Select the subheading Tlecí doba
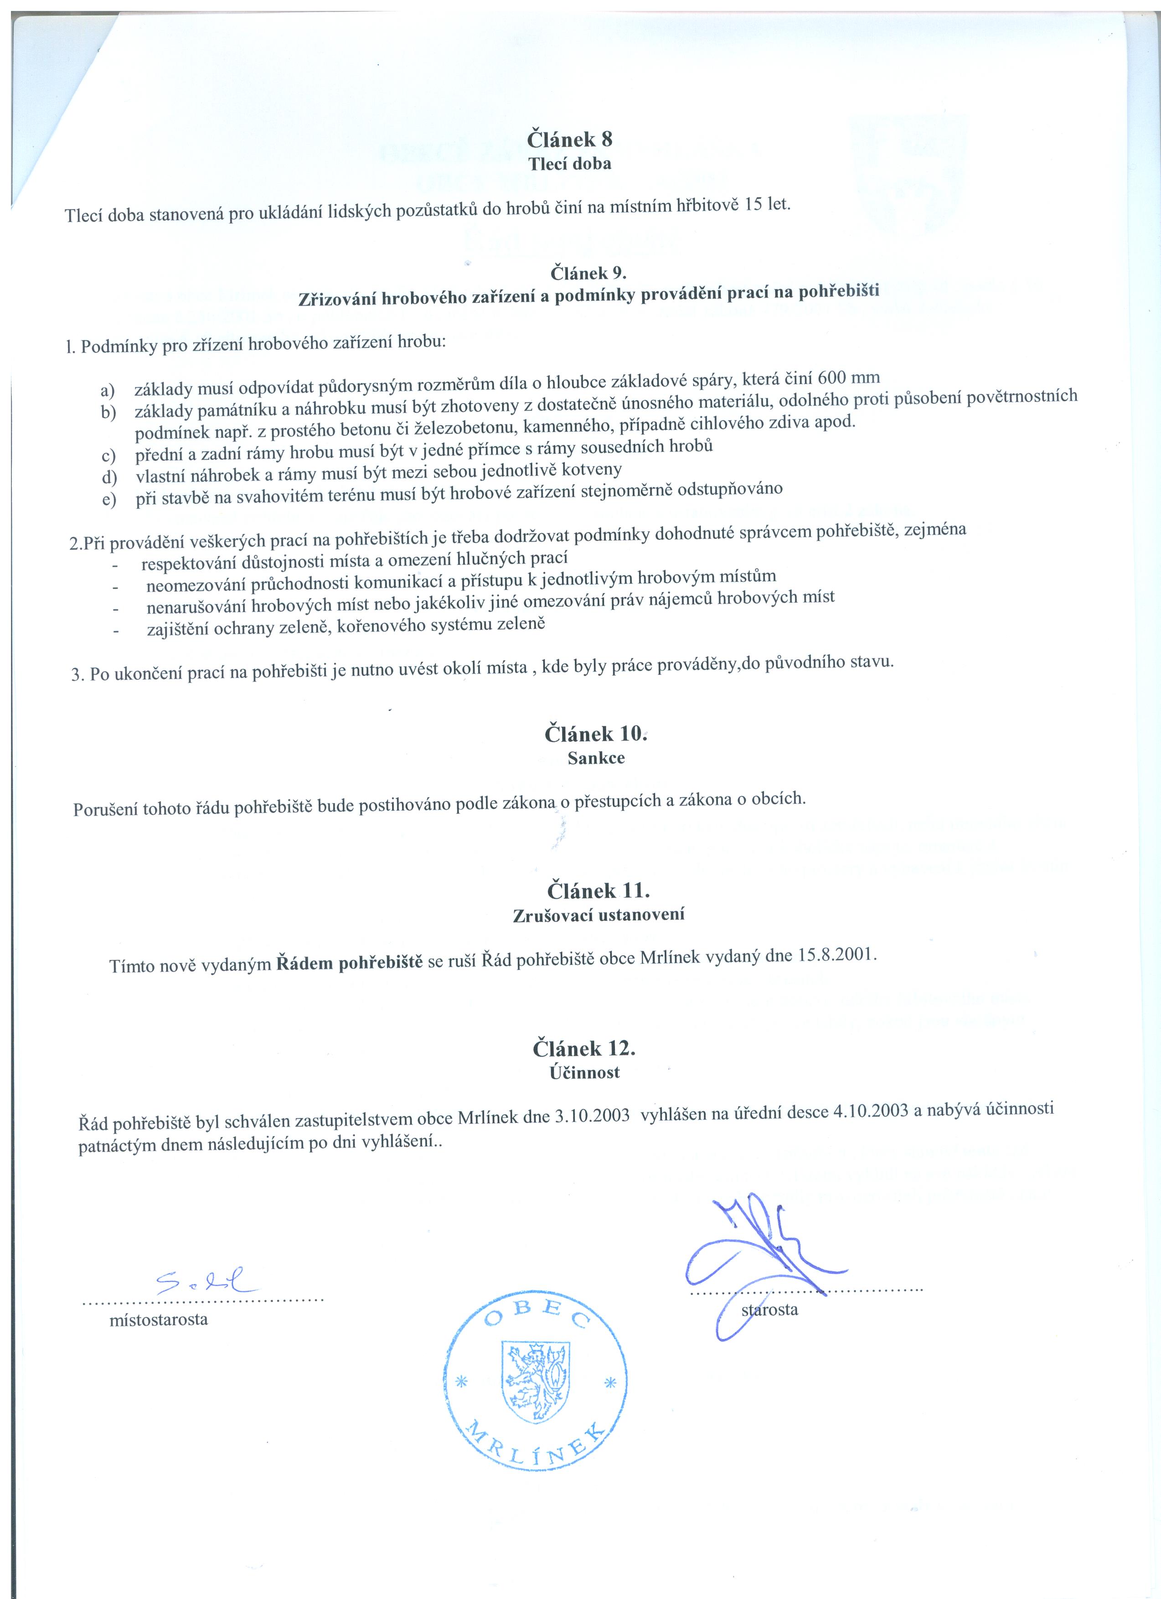[x=570, y=164]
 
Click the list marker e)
[x=108, y=501]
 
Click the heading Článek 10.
[x=594, y=734]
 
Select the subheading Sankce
[x=596, y=759]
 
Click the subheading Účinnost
[x=584, y=1072]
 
